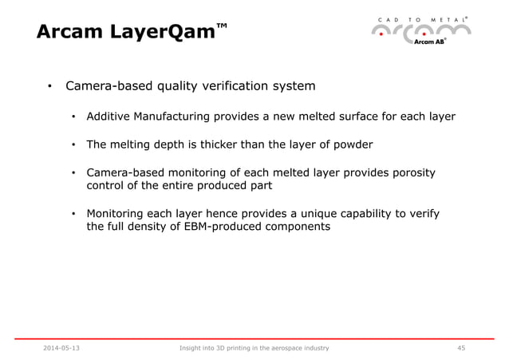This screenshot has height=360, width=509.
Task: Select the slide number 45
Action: pyautogui.click(x=461, y=348)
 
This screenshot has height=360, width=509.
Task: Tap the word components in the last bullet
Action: pyautogui.click(x=292, y=227)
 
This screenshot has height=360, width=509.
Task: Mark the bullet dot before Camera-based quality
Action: pyautogui.click(x=49, y=86)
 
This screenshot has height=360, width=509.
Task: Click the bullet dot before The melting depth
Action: pyautogui.click(x=73, y=145)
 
